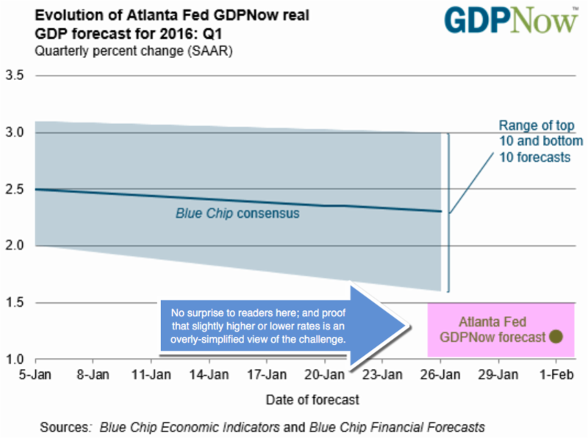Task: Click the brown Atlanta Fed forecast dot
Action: tap(556, 337)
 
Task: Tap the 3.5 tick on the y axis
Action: tap(15, 76)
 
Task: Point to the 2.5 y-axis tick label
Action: tap(15, 189)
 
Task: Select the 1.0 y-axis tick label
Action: tap(15, 359)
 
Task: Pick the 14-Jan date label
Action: tap(209, 373)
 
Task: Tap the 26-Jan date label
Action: tap(440, 373)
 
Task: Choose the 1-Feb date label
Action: tap(556, 373)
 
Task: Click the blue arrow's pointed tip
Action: tap(409, 325)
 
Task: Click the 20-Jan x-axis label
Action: tap(324, 373)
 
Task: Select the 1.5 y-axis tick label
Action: tap(15, 302)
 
